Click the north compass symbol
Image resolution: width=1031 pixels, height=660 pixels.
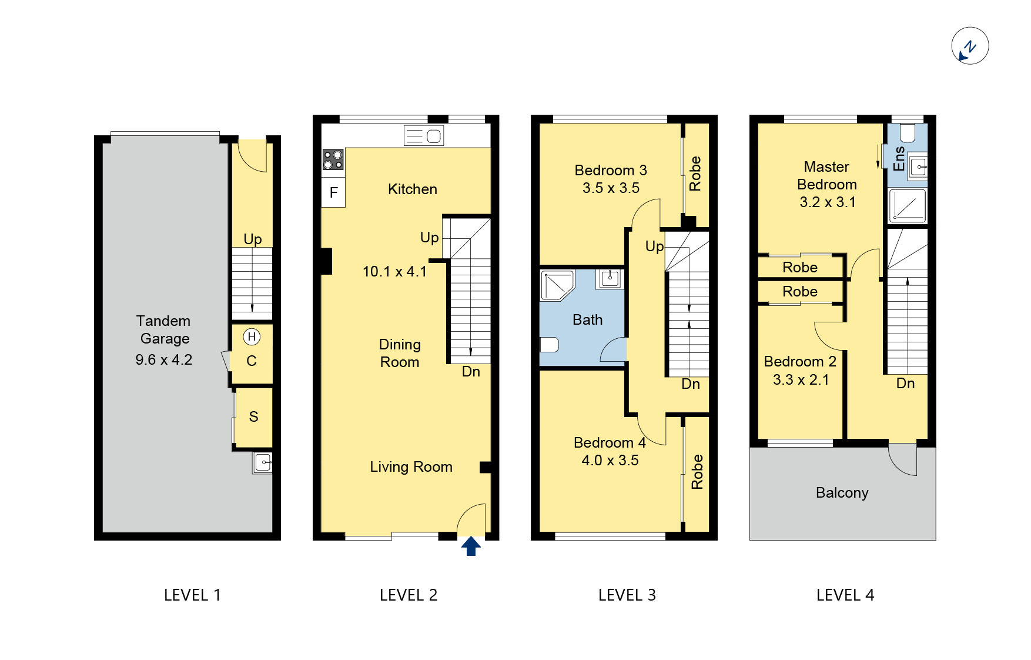[970, 46]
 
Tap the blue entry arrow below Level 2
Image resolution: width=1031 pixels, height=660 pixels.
[471, 546]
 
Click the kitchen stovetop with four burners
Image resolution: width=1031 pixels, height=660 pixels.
[333, 159]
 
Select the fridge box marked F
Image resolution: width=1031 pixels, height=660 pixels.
[333, 192]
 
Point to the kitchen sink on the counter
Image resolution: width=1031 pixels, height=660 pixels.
[424, 136]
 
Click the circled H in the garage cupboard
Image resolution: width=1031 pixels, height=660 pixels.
[252, 337]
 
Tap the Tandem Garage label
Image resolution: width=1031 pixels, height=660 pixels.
[164, 329]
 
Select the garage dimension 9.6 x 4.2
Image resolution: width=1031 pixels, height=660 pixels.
[164, 359]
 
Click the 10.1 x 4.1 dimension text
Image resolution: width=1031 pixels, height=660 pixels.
[394, 271]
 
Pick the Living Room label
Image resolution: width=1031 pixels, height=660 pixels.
[411, 466]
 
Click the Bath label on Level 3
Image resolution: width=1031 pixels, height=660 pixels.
[587, 319]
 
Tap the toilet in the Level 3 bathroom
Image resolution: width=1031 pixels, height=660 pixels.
[549, 344]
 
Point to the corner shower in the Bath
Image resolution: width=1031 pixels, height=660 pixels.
[557, 285]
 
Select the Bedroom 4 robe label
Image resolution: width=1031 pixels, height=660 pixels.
[697, 472]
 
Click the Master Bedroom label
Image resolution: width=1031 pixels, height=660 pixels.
[826, 175]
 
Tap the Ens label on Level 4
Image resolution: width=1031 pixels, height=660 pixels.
[899, 159]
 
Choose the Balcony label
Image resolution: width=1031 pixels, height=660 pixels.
[842, 492]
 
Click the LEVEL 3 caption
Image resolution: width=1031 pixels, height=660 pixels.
[627, 595]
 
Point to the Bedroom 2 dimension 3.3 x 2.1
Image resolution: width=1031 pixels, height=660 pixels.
[801, 379]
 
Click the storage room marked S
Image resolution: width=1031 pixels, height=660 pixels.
[253, 417]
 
